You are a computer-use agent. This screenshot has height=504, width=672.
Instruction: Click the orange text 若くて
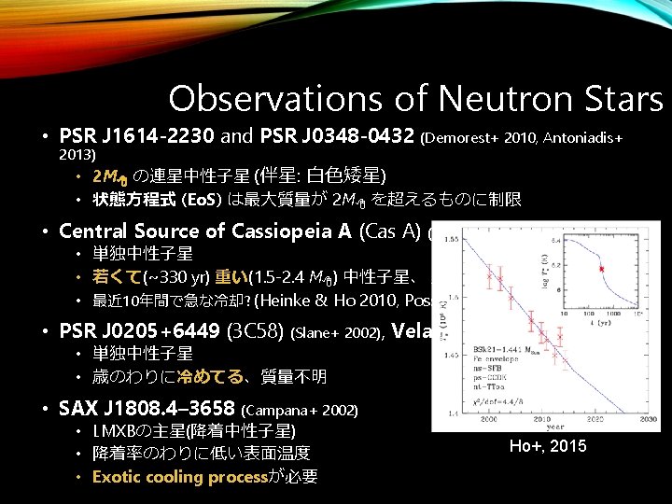click(117, 276)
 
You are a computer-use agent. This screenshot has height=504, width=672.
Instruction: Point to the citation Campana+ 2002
click(300, 410)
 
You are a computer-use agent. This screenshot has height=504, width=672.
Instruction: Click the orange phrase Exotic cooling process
click(179, 477)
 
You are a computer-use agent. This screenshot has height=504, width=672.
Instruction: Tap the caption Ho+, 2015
click(548, 446)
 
